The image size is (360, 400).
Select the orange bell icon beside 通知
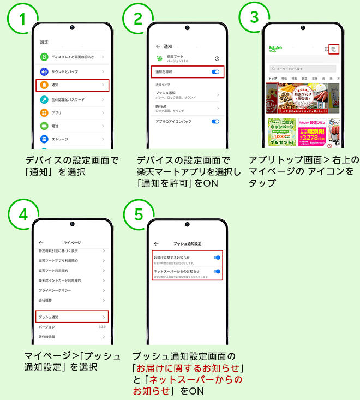point(44,85)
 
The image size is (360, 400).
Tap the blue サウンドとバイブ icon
point(44,71)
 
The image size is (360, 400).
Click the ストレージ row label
point(60,139)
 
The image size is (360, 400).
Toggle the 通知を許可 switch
point(215,71)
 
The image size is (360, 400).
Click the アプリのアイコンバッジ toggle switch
point(215,121)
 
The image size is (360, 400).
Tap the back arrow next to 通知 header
point(158,47)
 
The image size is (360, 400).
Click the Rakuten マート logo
point(275,49)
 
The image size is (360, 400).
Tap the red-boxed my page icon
point(334,49)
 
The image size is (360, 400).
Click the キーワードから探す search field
point(303,69)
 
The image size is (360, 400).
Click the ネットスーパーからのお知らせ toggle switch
point(217,271)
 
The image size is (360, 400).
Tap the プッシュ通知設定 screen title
point(187,243)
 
